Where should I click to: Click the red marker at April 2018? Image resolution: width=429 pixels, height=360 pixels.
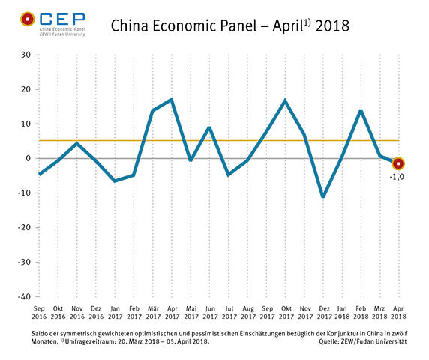click(399, 163)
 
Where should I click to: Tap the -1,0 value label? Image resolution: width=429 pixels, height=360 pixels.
click(397, 176)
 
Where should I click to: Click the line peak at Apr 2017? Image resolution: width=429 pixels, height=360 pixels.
click(172, 99)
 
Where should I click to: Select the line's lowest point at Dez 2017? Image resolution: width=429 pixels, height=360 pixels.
click(323, 197)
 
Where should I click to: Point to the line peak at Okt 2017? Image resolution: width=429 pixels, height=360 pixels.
click(285, 100)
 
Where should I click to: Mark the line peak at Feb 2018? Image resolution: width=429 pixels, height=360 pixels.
click(361, 110)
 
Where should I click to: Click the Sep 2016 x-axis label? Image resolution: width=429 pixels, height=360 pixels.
click(40, 310)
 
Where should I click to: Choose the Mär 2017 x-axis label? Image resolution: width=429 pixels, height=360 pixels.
click(153, 310)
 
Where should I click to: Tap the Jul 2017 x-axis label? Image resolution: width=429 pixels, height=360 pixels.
click(229, 310)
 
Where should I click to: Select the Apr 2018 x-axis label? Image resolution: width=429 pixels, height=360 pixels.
click(398, 310)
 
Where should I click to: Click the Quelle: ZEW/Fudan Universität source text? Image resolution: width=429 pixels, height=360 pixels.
click(363, 342)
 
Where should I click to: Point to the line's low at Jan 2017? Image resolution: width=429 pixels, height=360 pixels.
click(115, 181)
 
